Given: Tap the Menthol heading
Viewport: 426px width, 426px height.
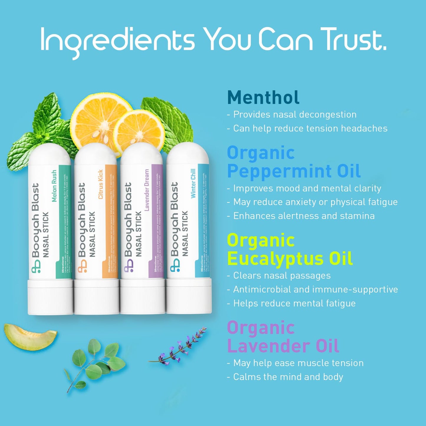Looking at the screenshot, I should pyautogui.click(x=263, y=98).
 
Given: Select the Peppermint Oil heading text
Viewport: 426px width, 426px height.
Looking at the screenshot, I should pyautogui.click(x=294, y=171).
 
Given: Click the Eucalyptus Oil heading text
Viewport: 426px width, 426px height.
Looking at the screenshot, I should pyautogui.click(x=290, y=259).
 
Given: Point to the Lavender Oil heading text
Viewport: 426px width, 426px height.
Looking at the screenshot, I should pyautogui.click(x=283, y=346).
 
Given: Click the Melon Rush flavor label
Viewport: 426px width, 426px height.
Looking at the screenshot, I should pyautogui.click(x=54, y=186).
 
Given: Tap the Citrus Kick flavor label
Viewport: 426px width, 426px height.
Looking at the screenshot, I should pyautogui.click(x=100, y=184).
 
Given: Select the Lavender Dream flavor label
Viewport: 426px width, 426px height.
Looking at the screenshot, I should pyautogui.click(x=147, y=190).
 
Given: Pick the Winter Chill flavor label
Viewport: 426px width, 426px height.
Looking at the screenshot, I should pyautogui.click(x=193, y=183).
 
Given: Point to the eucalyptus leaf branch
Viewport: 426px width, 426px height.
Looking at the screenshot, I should pyautogui.click(x=94, y=363).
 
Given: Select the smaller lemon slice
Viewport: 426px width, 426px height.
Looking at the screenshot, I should pyautogui.click(x=139, y=130).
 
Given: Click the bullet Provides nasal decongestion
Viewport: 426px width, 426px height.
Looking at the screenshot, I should pyautogui.click(x=295, y=114).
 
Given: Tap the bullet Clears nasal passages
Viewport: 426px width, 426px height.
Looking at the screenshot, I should pyautogui.click(x=282, y=275).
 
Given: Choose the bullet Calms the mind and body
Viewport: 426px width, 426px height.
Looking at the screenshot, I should pyautogui.click(x=288, y=377).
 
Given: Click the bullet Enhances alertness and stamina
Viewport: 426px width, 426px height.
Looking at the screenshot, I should pyautogui.click(x=304, y=216).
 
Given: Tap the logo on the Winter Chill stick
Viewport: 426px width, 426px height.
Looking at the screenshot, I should pyautogui.click(x=175, y=265).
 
